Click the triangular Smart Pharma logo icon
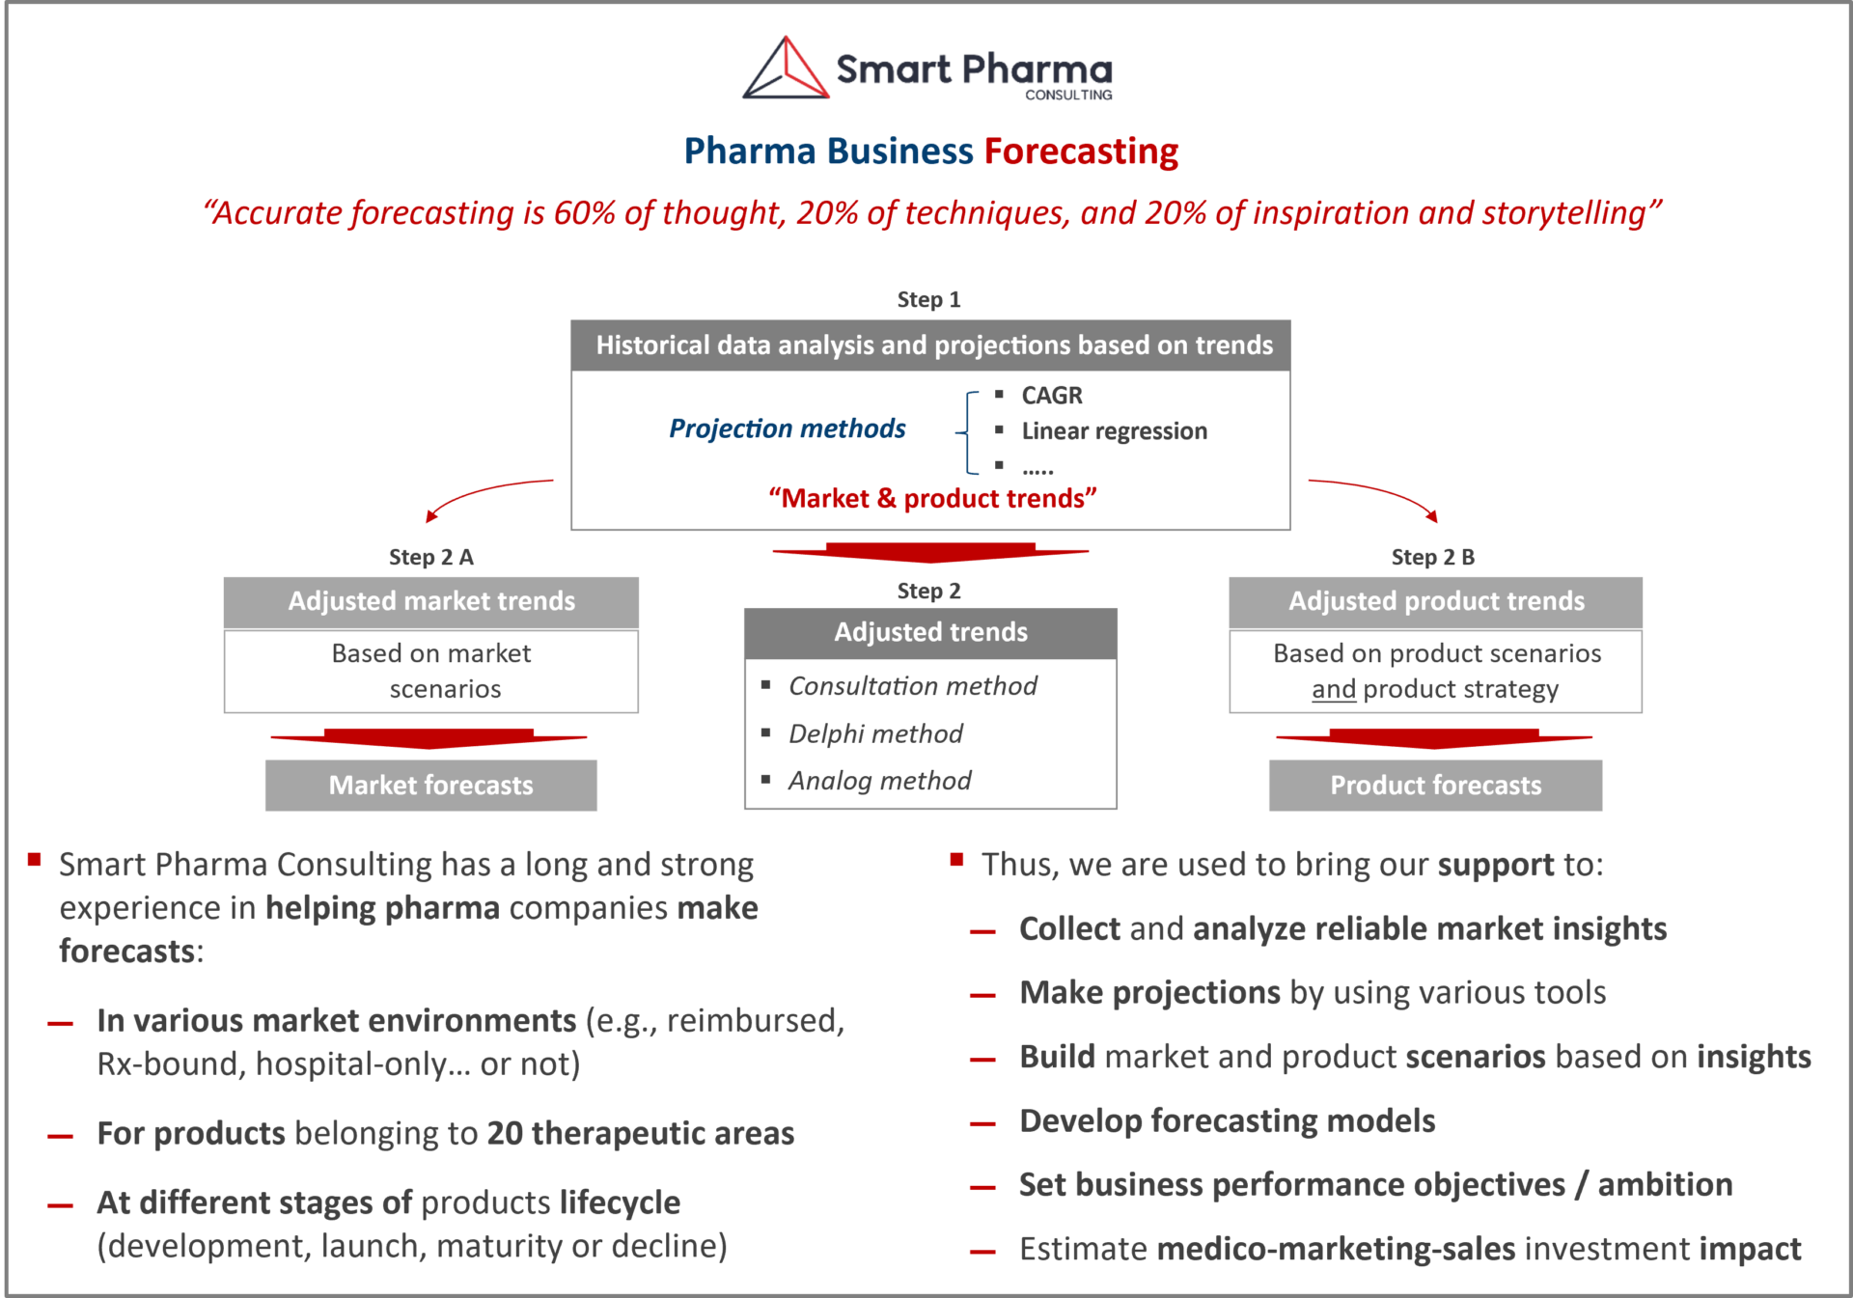pos(786,69)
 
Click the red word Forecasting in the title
pos(1081,152)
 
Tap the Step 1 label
pos(928,299)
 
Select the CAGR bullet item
pos(1052,396)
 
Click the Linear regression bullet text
pos(1114,431)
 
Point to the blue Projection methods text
pos(788,428)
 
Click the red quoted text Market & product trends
pos(932,498)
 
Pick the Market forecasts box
pos(431,786)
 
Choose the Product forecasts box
pos(1435,786)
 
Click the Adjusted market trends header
pos(431,601)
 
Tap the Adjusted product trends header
pos(1436,601)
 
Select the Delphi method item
pos(875,733)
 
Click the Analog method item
pos(879,780)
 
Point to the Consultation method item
pos(912,686)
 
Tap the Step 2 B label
pos(1432,557)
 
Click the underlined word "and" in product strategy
pos(1334,689)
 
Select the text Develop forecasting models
pos(1228,1120)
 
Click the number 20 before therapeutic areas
pos(505,1133)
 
